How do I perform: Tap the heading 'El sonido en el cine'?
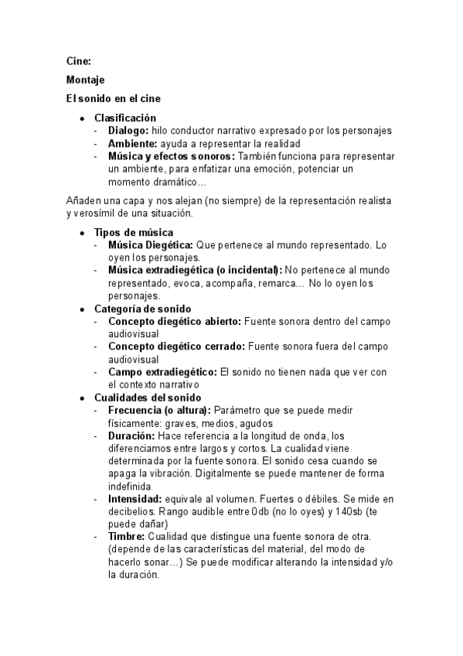tap(113, 99)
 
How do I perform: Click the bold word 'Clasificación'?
tap(125, 118)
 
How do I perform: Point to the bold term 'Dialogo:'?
tap(128, 131)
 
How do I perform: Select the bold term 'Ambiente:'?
tap(132, 143)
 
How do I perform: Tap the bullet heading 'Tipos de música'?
tap(134, 232)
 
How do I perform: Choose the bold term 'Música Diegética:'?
tap(151, 244)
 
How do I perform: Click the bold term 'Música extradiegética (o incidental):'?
tap(195, 270)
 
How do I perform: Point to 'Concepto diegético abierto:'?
tap(175, 320)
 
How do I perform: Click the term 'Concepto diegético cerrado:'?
tap(177, 346)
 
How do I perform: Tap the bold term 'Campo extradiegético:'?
tap(162, 371)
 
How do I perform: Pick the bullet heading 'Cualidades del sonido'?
tap(147, 397)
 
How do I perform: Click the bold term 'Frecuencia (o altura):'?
tap(159, 409)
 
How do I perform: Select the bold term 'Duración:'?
tap(131, 435)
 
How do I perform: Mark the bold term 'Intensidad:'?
tap(135, 498)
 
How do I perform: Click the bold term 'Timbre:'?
tap(126, 537)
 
